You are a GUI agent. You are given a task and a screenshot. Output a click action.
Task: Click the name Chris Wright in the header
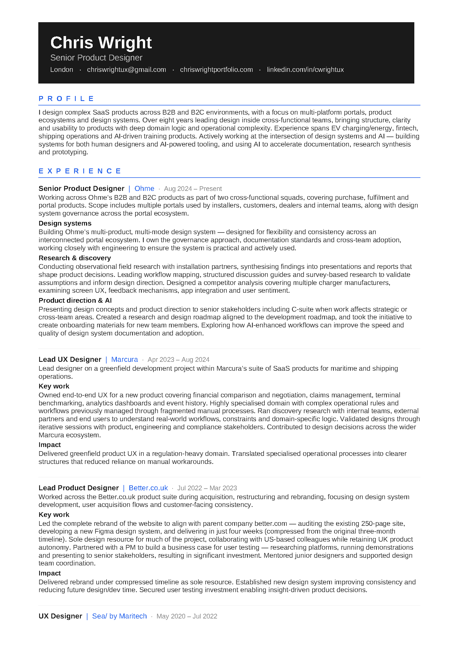click(x=101, y=43)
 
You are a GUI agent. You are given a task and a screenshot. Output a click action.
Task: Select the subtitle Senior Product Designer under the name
click(x=96, y=58)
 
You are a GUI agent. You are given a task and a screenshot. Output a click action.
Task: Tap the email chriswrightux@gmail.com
click(x=126, y=70)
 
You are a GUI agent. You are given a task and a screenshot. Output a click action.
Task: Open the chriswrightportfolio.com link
click(x=216, y=70)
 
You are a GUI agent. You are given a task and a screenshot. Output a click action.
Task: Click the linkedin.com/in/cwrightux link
click(x=305, y=70)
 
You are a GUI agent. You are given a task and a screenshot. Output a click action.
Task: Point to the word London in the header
click(x=62, y=70)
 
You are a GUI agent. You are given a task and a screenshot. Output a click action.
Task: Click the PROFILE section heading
click(x=66, y=99)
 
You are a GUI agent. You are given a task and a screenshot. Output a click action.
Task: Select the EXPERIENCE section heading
click(x=80, y=171)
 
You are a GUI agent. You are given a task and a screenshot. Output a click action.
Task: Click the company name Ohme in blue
click(x=144, y=188)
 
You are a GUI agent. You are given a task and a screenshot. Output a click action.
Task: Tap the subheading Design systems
click(x=65, y=223)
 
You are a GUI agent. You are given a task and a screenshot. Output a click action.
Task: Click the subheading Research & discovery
click(x=75, y=258)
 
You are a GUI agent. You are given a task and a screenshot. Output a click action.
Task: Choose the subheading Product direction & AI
click(x=75, y=300)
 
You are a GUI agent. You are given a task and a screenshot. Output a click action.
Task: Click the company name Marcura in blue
click(x=124, y=360)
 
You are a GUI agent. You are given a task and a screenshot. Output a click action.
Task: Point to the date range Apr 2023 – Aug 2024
click(x=178, y=360)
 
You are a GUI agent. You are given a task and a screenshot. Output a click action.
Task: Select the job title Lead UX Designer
click(x=70, y=360)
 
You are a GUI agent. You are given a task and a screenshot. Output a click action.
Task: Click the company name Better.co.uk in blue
click(x=148, y=488)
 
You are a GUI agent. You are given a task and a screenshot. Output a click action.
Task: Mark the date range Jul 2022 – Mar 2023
click(x=207, y=488)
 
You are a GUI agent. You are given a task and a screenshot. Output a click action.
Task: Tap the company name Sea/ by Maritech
click(x=119, y=616)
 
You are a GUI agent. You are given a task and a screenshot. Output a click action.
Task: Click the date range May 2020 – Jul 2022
click(x=187, y=617)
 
